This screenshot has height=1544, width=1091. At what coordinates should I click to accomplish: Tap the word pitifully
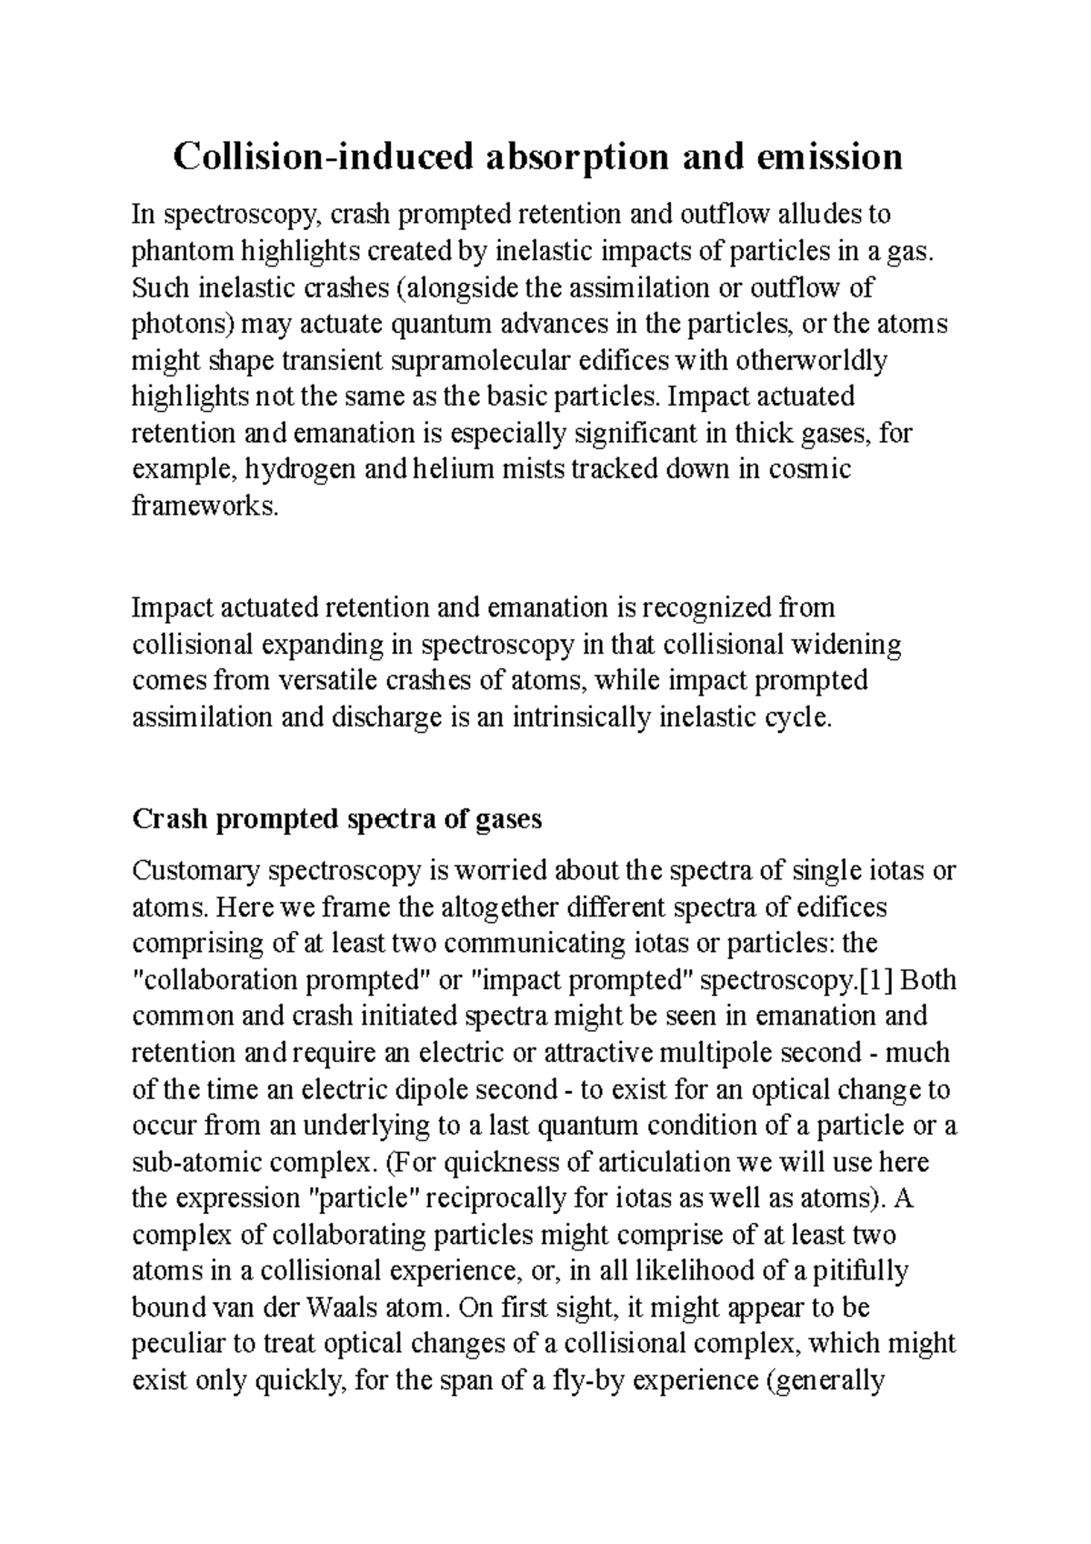(855, 1272)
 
